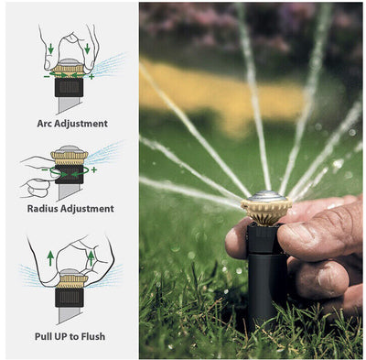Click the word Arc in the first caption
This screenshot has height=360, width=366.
[x=42, y=123]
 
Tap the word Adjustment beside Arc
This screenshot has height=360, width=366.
[x=81, y=123]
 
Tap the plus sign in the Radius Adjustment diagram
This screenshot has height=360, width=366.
[x=93, y=169]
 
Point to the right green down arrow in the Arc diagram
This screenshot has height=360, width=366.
[x=87, y=48]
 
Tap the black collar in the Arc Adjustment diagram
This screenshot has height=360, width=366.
[x=69, y=87]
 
